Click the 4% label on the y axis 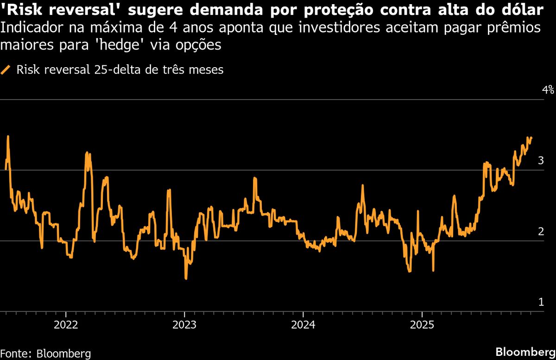548,90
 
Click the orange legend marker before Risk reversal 6,70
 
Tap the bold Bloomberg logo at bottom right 525,352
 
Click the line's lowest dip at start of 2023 186,278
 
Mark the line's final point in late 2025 531,138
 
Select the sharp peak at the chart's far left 8,136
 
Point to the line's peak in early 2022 87,152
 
